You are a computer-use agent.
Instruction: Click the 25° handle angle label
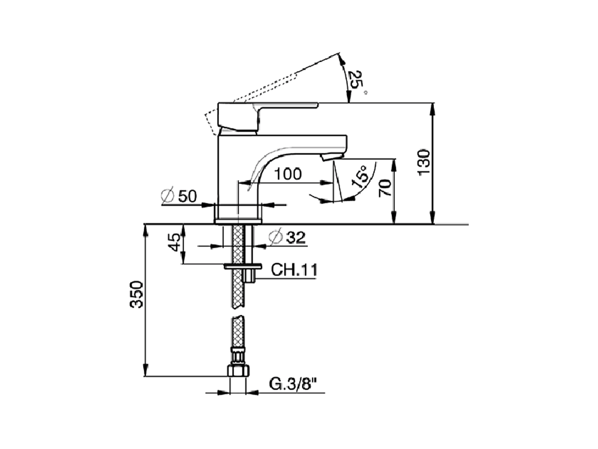(x=357, y=81)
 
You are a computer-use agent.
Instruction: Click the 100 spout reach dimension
(x=288, y=174)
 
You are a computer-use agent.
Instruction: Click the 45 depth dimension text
(x=174, y=243)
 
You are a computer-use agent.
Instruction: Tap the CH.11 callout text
(x=294, y=270)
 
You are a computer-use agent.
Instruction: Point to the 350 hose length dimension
(x=136, y=294)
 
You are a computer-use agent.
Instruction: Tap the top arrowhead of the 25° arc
(x=342, y=58)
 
